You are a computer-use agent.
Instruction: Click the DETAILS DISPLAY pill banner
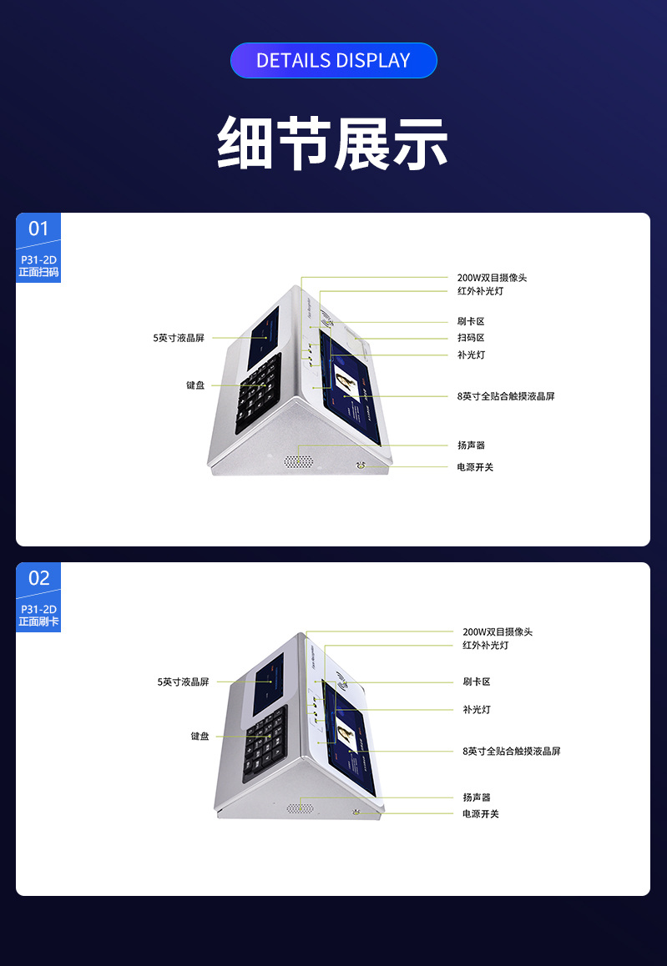pos(333,60)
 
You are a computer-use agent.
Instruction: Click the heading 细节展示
pos(333,143)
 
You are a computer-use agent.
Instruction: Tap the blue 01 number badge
pos(38,229)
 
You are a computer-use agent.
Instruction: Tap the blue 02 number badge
pos(38,578)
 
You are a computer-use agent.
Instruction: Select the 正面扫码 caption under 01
pos(38,272)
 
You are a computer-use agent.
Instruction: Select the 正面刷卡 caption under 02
pos(38,621)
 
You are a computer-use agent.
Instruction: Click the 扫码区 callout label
pos(471,338)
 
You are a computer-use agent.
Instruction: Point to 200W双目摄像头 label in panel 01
pos(492,278)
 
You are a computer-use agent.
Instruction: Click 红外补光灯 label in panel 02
pos(486,646)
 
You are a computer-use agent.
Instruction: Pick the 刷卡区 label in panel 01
pos(471,321)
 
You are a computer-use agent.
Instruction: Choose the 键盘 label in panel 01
pos(195,385)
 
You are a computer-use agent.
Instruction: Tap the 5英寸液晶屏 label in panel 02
pos(183,682)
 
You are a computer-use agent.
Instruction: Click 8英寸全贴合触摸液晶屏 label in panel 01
pos(506,396)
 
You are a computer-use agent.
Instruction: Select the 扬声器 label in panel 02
pos(477,797)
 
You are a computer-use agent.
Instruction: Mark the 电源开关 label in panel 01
pos(475,467)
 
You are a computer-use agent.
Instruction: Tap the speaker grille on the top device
pos(298,461)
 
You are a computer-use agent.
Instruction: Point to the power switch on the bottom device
pos(356,811)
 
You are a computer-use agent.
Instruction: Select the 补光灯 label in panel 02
pos(477,709)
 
